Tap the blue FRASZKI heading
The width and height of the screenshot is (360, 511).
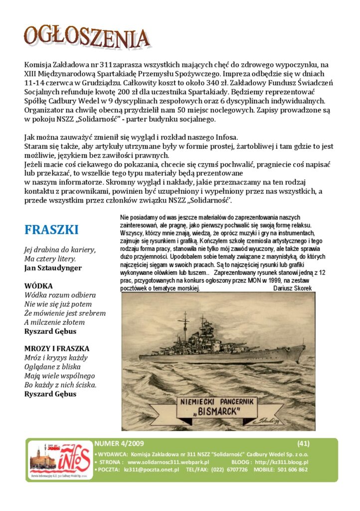click(51, 230)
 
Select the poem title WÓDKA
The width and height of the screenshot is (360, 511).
click(38, 286)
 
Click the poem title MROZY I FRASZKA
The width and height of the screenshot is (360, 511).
click(57, 348)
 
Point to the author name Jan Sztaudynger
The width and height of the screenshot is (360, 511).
click(53, 268)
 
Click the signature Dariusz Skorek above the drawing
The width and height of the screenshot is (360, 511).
click(293, 288)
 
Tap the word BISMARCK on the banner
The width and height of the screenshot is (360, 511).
click(218, 411)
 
